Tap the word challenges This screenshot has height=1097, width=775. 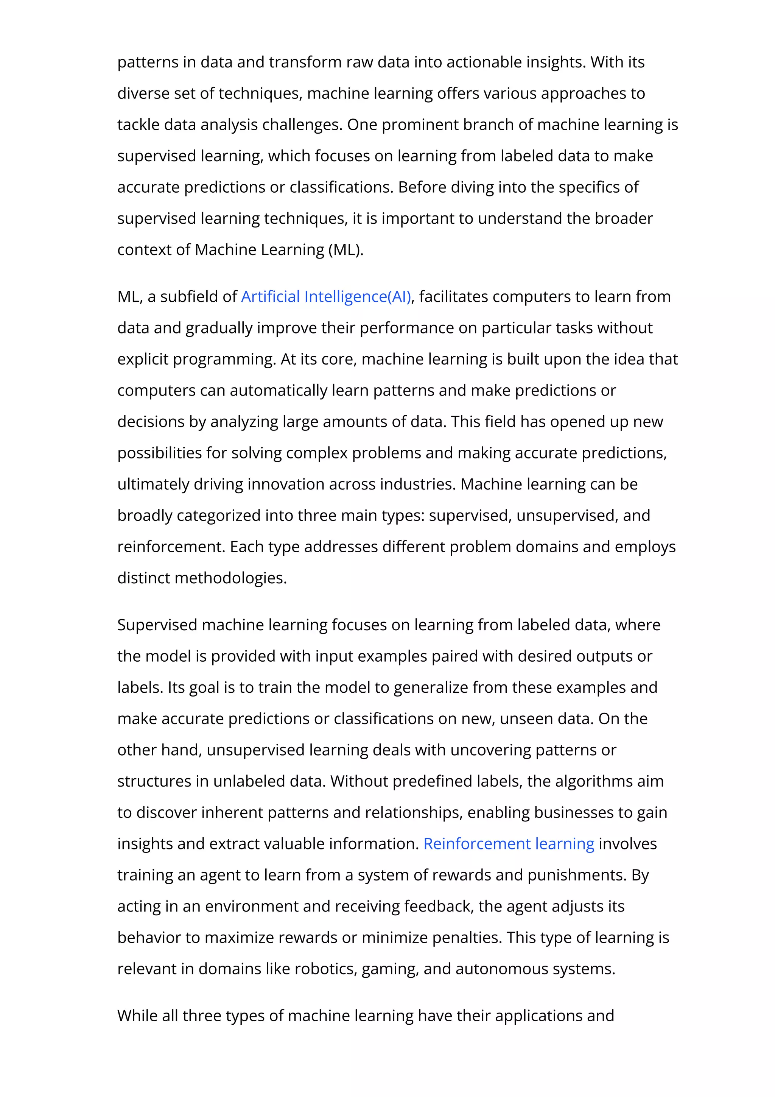pos(302,125)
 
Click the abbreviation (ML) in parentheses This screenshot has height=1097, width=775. pos(346,249)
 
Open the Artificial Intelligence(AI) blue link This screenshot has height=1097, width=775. pos(326,297)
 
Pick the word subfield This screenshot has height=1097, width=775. pos(190,297)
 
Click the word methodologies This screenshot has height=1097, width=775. pos(230,578)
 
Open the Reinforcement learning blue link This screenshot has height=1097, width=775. pos(509,844)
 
